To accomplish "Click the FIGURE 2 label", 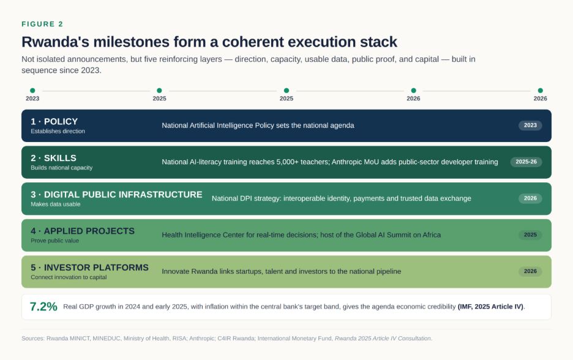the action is pos(42,24).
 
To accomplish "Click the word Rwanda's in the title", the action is pos(55,42).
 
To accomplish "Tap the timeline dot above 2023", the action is pos(32,90).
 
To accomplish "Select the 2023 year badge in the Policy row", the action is pos(530,126).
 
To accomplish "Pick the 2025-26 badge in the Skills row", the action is pos(526,162).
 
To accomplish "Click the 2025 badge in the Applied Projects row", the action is pos(530,235).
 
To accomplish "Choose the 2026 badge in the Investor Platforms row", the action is pos(530,271).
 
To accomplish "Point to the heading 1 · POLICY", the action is pos(54,122).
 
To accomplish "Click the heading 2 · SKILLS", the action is pos(53,158).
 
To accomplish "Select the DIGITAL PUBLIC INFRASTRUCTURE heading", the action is pos(123,195).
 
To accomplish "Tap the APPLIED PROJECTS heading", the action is pos(89,231).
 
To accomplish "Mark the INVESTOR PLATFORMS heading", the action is pos(96,268).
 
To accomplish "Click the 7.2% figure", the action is pos(43,307).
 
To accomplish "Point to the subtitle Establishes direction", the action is pos(58,131).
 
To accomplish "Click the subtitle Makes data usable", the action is pos(56,204).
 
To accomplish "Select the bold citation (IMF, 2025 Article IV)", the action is pos(490,307).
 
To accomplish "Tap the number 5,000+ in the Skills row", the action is pos(288,162).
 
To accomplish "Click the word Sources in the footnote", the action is pos(32,339).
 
